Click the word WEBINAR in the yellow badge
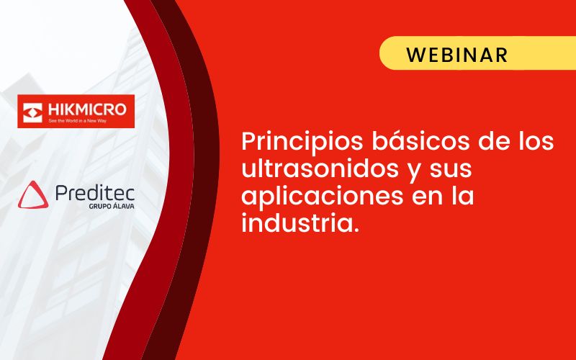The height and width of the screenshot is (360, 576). pyautogui.click(x=457, y=55)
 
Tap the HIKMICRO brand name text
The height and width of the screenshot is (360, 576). pyautogui.click(x=87, y=109)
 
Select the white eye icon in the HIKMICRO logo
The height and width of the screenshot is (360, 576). pyautogui.click(x=32, y=112)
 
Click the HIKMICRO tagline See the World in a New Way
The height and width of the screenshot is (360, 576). pyautogui.click(x=78, y=120)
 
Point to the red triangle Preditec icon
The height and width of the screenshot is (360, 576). pyautogui.click(x=33, y=194)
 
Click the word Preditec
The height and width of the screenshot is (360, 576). pyautogui.click(x=95, y=193)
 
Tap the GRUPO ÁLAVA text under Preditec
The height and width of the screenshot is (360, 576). pyautogui.click(x=112, y=205)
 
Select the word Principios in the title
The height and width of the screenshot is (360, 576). pyautogui.click(x=302, y=142)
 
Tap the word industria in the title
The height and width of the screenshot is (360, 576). pyautogui.click(x=297, y=223)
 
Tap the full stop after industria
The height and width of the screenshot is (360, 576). pyautogui.click(x=355, y=230)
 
